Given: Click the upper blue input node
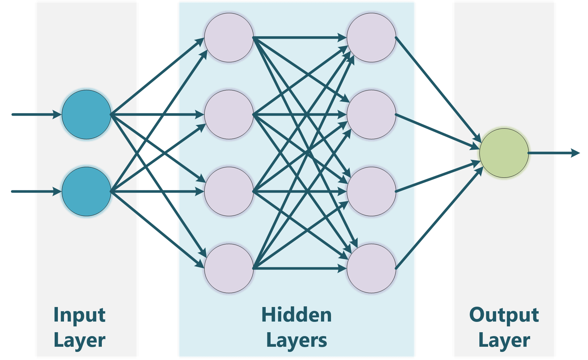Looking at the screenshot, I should click(86, 114).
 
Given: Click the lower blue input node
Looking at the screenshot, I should click(86, 191).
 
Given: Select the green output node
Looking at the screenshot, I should click(504, 153).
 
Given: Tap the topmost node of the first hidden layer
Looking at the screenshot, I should click(229, 37).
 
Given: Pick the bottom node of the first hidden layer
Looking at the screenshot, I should click(229, 268).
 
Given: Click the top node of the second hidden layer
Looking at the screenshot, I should click(371, 37).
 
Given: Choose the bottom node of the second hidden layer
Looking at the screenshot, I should click(371, 268).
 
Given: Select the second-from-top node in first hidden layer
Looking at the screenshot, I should click(229, 114).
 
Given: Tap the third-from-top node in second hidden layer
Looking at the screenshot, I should click(371, 191).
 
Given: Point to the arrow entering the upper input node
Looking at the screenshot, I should click(36, 114).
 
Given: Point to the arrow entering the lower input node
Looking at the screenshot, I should click(36, 191).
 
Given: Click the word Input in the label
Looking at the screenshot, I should click(79, 315).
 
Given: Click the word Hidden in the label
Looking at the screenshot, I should click(296, 315).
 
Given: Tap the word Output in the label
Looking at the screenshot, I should click(504, 315).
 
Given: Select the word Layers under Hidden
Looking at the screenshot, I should click(296, 340).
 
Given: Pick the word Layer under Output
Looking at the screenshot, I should click(504, 340).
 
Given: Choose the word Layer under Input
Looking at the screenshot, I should click(79, 340).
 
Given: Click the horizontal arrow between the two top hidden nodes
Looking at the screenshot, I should click(299, 37).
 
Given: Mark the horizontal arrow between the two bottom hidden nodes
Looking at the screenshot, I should click(299, 268).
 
